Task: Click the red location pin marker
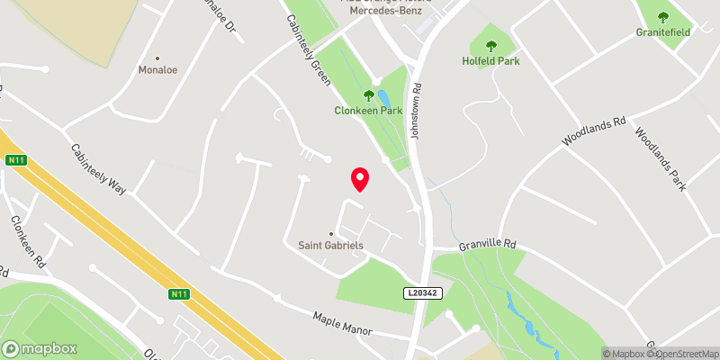click(360, 179)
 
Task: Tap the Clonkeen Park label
click(367, 111)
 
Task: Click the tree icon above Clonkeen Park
click(368, 95)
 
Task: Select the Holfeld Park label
click(492, 61)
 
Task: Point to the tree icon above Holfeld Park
click(492, 46)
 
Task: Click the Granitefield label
click(663, 32)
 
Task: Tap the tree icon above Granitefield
click(663, 17)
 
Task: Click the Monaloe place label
click(158, 69)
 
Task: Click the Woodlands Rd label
click(593, 132)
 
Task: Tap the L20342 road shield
click(422, 293)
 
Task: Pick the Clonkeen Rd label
click(28, 243)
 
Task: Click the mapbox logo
click(38, 348)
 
